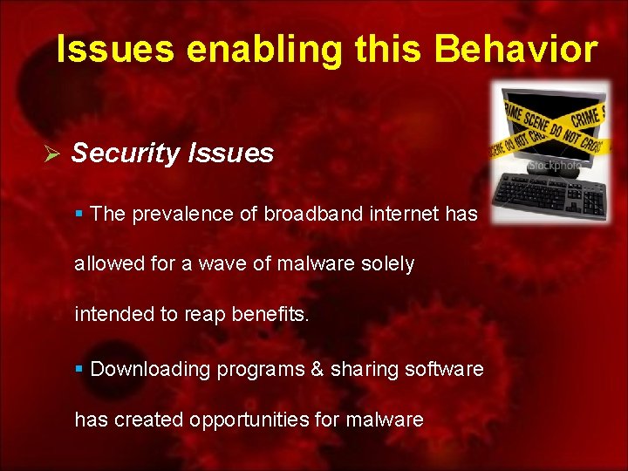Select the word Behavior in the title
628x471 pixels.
(x=516, y=50)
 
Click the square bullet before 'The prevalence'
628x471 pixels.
(x=79, y=214)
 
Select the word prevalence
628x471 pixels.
(x=181, y=214)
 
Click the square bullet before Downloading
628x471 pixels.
(x=79, y=369)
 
